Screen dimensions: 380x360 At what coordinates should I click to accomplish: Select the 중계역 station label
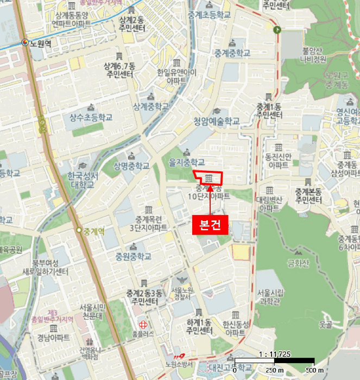click(93, 231)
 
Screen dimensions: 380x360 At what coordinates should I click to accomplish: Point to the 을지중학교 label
click(187, 162)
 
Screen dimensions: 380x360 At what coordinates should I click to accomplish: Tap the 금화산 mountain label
click(298, 264)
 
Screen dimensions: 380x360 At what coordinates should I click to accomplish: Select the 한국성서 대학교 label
click(83, 180)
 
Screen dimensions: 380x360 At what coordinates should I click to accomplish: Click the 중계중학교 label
click(232, 53)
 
